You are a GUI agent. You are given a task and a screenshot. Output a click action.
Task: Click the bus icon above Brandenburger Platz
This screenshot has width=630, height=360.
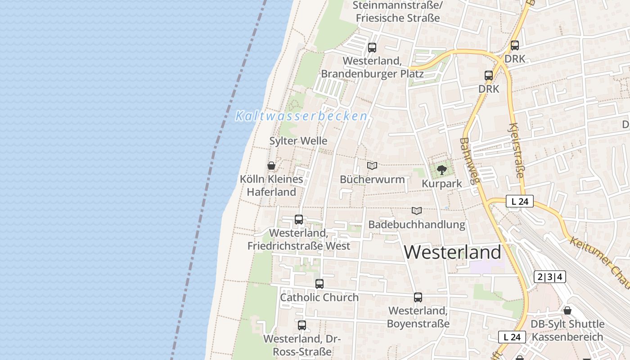coord(372,47)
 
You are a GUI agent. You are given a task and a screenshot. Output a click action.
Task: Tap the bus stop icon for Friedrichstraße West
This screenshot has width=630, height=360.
coord(299,220)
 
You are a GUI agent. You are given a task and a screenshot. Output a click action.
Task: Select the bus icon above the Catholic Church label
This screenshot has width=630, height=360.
coord(319,284)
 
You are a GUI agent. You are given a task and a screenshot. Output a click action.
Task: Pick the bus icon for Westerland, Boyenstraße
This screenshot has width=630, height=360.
coord(418,297)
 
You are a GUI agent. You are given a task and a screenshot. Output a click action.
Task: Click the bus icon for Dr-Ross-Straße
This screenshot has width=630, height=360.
coord(302,325)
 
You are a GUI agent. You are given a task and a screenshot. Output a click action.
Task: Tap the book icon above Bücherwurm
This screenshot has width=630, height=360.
coord(372,166)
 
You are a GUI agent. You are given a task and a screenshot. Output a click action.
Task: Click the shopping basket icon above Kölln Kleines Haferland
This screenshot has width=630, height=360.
coord(271,166)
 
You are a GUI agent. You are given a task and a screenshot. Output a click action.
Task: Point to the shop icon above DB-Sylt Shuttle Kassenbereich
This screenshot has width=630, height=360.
coord(567,310)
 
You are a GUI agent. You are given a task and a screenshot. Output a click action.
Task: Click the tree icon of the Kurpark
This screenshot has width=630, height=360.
coord(442,170)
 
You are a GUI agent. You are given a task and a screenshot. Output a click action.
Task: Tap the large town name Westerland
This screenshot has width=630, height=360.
coord(452,252)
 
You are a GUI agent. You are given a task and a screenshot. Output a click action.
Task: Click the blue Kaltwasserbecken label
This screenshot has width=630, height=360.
coord(301,116)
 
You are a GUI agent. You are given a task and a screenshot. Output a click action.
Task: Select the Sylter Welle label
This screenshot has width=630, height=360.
coord(298,141)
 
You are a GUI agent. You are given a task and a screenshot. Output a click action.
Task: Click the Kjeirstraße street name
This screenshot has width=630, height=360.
coord(517,150)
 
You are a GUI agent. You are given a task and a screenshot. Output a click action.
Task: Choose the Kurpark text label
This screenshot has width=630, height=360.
coord(442,184)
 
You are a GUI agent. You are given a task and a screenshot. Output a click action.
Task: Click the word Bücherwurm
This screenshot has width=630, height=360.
coord(372,179)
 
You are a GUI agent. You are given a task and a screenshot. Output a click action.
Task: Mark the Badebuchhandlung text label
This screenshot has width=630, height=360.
coord(417,224)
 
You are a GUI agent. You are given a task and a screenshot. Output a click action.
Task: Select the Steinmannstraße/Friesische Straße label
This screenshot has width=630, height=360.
coord(396,12)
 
